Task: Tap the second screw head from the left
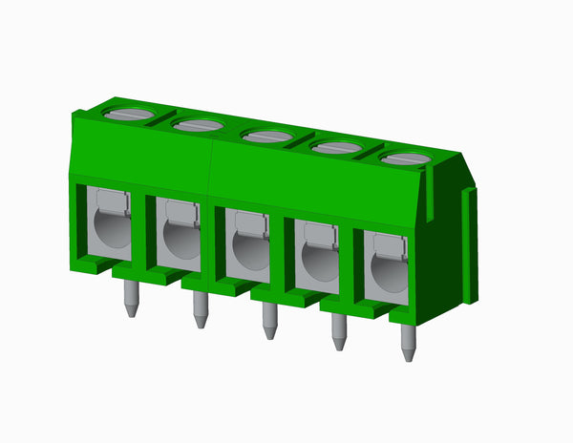pyautogui.click(x=199, y=125)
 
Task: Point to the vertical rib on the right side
pyautogui.click(x=469, y=244)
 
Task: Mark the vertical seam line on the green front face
pyautogui.click(x=210, y=162)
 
